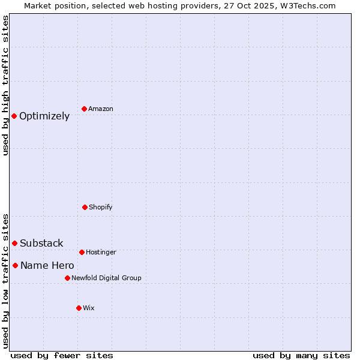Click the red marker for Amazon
[84, 109]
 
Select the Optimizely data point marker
[14, 116]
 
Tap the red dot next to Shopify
[85, 207]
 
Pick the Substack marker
[14, 243]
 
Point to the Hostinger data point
[82, 252]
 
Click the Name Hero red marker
[15, 265]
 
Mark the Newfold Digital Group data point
[67, 278]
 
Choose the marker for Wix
[79, 308]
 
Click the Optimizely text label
[44, 116]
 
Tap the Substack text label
[41, 244]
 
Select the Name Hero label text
[47, 266]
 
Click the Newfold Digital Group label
[106, 278]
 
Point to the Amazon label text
[101, 109]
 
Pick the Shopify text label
[101, 208]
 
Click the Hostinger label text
[101, 253]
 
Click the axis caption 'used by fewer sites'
[62, 355]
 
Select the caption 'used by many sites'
[301, 355]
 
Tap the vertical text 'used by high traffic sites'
[5, 85]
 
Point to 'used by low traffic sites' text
[5, 281]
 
